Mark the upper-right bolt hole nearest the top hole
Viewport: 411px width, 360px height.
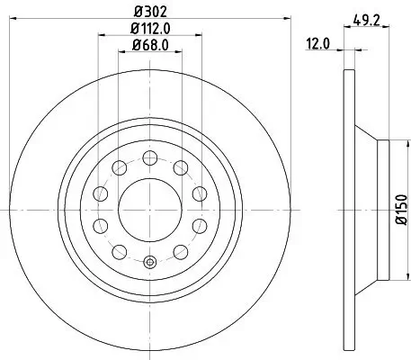click(x=180, y=166)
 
